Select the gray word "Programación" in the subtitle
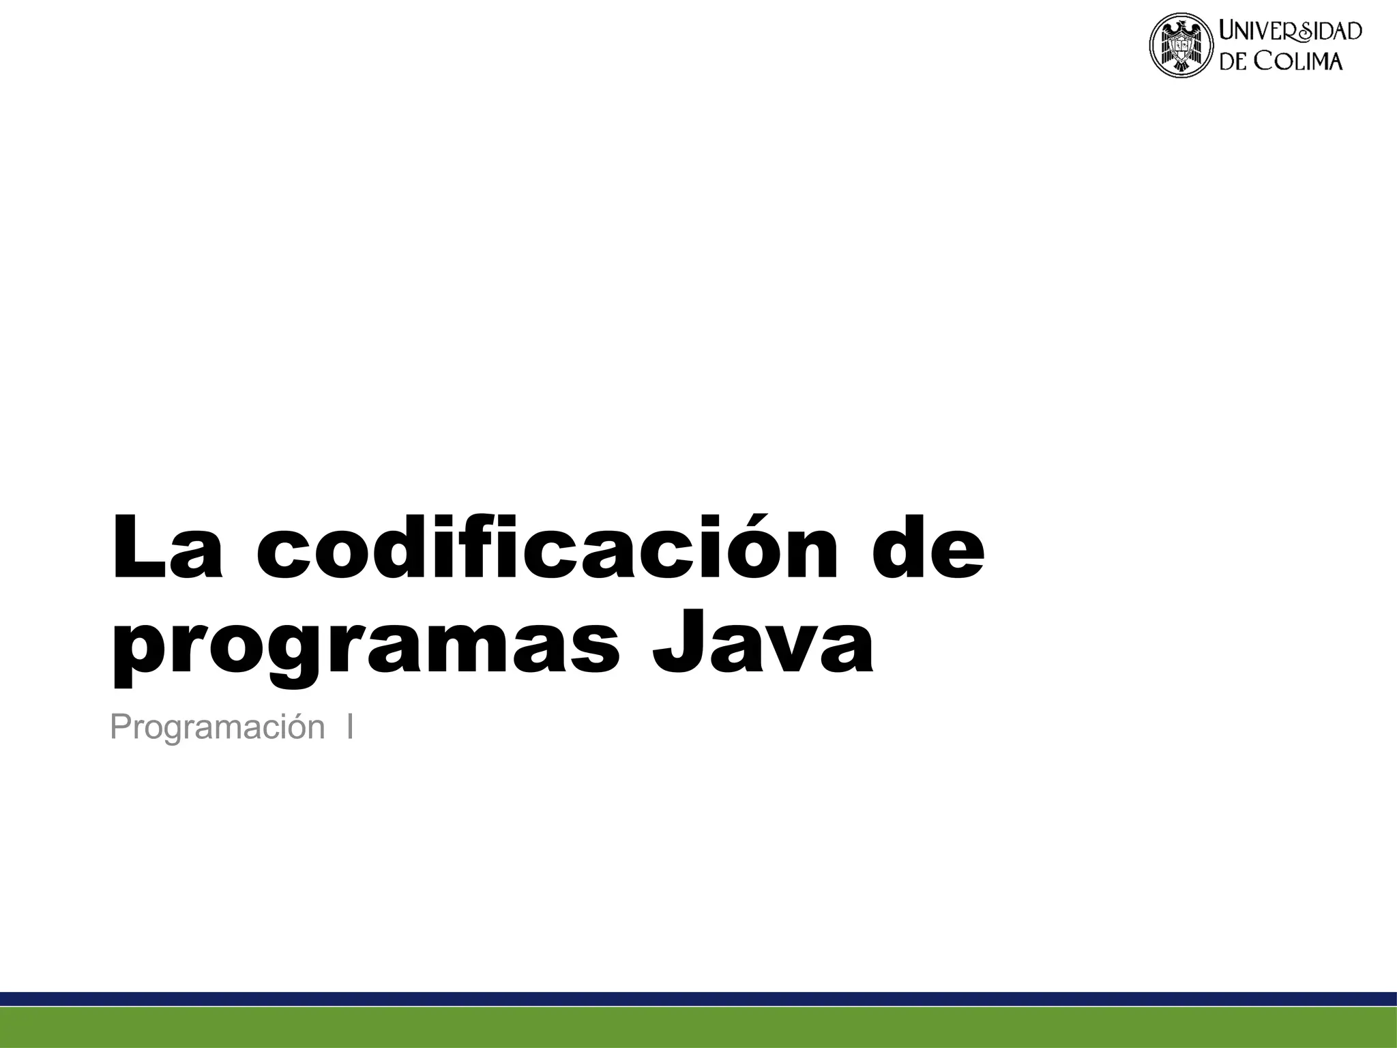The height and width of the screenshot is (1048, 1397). (217, 727)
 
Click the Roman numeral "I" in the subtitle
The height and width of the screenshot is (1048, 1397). (349, 727)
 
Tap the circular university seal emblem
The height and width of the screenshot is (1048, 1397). (1182, 47)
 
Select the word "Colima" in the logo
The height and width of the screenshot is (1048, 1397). (1299, 61)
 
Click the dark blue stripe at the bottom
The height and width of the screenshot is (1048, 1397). (698, 999)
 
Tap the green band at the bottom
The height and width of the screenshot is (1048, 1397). (698, 1028)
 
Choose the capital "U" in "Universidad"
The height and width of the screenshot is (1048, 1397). (1229, 31)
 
